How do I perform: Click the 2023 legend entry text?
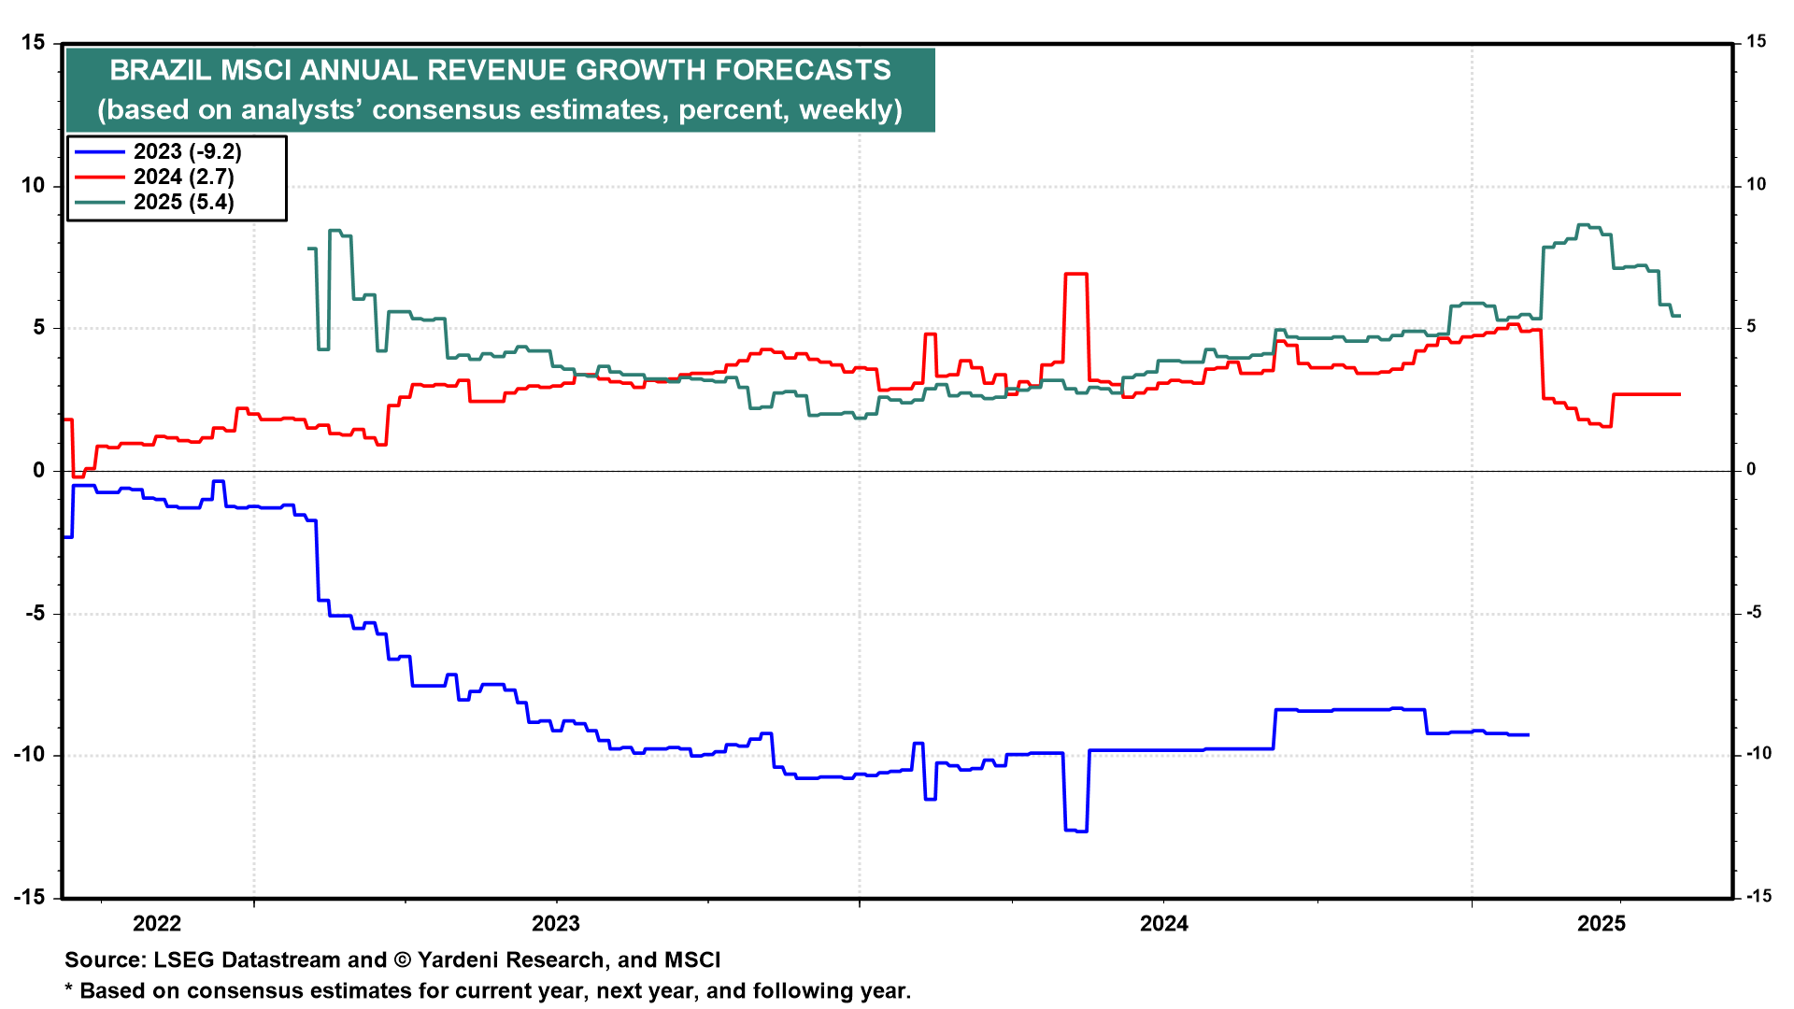click(x=187, y=151)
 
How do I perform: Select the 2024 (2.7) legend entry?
click(x=183, y=177)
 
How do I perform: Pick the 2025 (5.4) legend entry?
click(x=183, y=202)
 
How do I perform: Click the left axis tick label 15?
click(x=33, y=43)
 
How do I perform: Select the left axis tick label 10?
click(x=33, y=186)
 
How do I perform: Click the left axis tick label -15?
click(x=29, y=898)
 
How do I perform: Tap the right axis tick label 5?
click(x=1751, y=327)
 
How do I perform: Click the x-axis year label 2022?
click(x=157, y=924)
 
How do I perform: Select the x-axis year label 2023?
click(x=555, y=924)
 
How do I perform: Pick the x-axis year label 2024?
click(x=1163, y=924)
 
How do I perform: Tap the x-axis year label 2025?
click(x=1602, y=924)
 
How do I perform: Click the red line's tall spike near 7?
click(x=1075, y=274)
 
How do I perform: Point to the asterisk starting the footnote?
click(x=68, y=989)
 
